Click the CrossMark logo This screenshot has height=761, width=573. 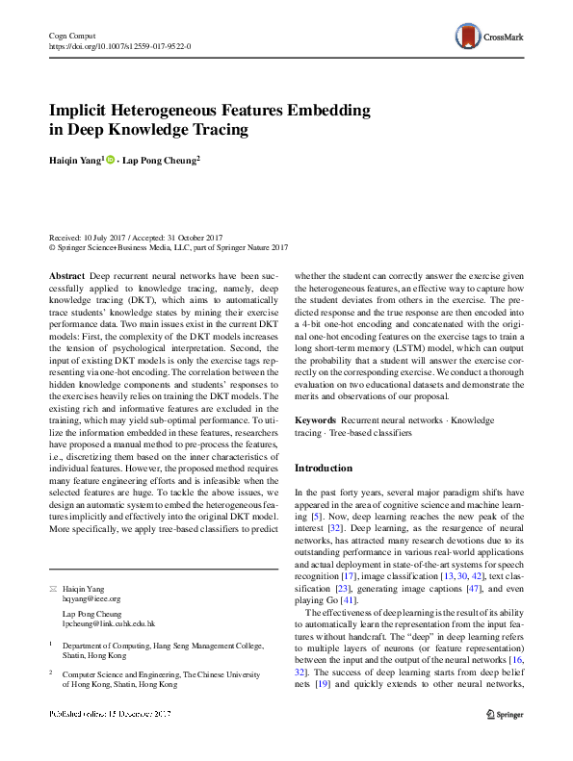click(488, 38)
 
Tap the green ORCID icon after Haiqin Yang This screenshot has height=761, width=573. click(111, 161)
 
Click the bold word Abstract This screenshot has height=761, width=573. click(65, 275)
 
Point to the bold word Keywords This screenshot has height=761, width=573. click(315, 420)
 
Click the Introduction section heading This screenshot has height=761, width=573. click(323, 468)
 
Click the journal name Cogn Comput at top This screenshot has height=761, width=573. click(69, 35)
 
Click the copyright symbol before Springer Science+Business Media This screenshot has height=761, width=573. click(52, 246)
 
